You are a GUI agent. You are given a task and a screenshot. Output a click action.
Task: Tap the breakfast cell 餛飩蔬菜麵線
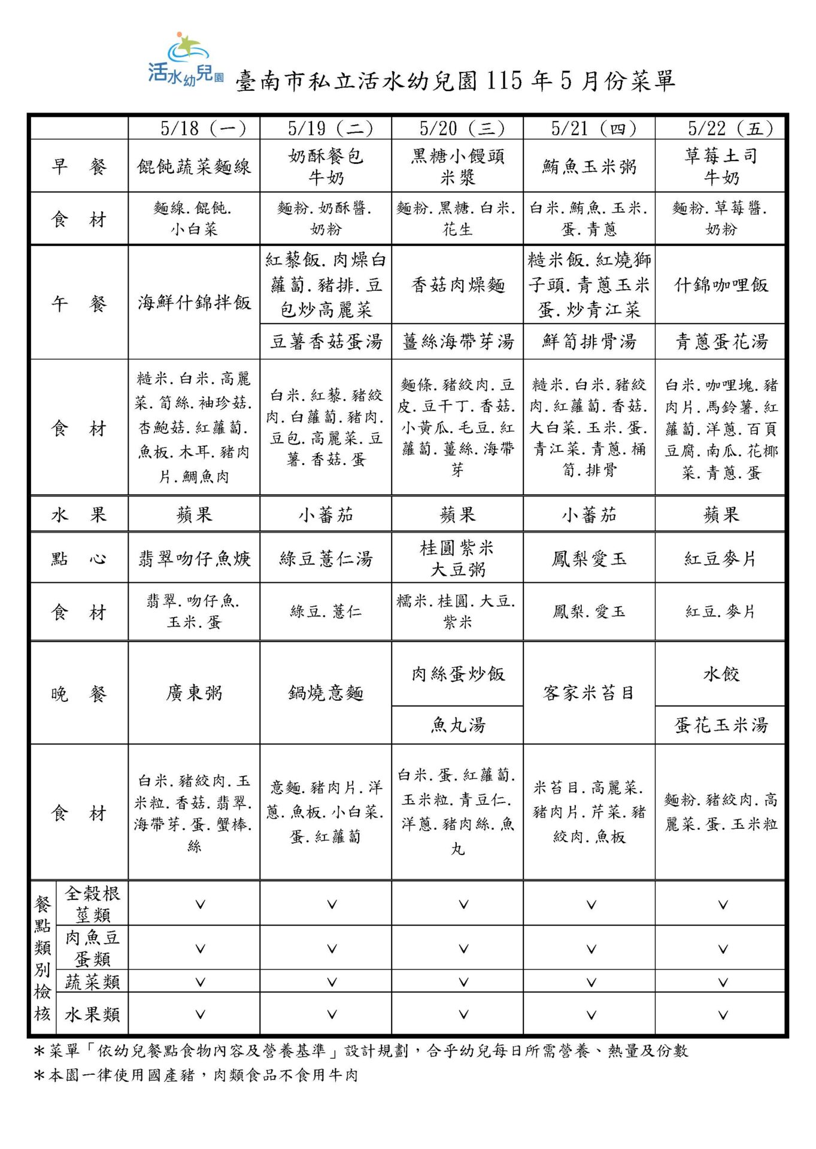[194, 166]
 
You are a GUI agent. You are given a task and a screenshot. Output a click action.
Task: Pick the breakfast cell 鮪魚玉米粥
[589, 166]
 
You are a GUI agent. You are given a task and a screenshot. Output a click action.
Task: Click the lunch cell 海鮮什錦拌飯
[194, 303]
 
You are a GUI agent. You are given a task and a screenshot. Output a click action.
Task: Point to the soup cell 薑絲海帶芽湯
[458, 342]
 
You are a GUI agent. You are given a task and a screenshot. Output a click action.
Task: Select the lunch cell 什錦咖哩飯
[721, 285]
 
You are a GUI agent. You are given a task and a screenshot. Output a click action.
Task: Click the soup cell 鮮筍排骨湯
[589, 342]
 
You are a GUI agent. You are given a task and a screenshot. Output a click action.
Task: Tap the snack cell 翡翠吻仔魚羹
[194, 558]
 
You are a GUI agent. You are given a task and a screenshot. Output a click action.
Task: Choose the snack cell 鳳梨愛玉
[589, 558]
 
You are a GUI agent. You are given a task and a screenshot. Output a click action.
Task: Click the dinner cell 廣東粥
[194, 693]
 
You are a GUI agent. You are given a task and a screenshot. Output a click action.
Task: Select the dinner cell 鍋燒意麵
[326, 693]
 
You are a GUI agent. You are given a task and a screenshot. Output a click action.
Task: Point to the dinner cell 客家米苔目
[589, 693]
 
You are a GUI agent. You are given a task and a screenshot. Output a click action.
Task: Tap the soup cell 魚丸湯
[458, 725]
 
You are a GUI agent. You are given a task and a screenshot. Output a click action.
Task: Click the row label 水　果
[79, 515]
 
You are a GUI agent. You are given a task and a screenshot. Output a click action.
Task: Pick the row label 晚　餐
[79, 694]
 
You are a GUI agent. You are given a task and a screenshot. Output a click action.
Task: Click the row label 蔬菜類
[92, 981]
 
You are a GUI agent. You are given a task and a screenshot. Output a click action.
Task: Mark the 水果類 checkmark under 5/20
[463, 1014]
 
